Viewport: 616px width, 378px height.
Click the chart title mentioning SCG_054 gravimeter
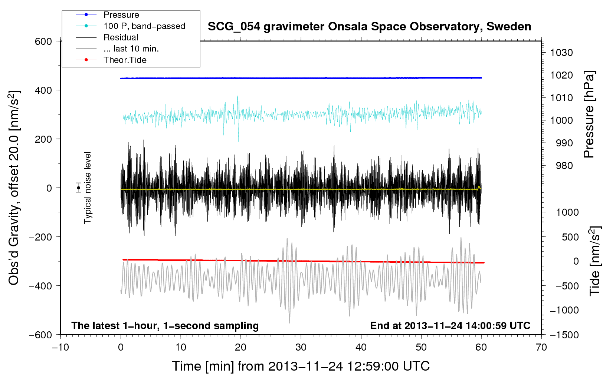click(369, 27)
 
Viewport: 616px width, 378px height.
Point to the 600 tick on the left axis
click(43, 42)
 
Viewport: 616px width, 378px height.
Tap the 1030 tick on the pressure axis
click(561, 53)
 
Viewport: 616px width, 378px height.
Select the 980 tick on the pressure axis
click(564, 166)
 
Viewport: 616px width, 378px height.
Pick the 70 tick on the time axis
click(541, 347)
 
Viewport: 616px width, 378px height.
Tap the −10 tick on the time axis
click(60, 347)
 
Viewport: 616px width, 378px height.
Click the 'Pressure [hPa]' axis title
click(589, 114)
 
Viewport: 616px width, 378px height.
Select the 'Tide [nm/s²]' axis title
click(595, 261)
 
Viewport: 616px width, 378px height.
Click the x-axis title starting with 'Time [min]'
click(301, 366)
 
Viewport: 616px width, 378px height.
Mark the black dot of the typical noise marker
click(78, 188)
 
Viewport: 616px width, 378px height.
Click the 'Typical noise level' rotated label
click(87, 188)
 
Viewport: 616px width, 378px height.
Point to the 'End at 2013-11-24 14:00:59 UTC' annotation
click(450, 325)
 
